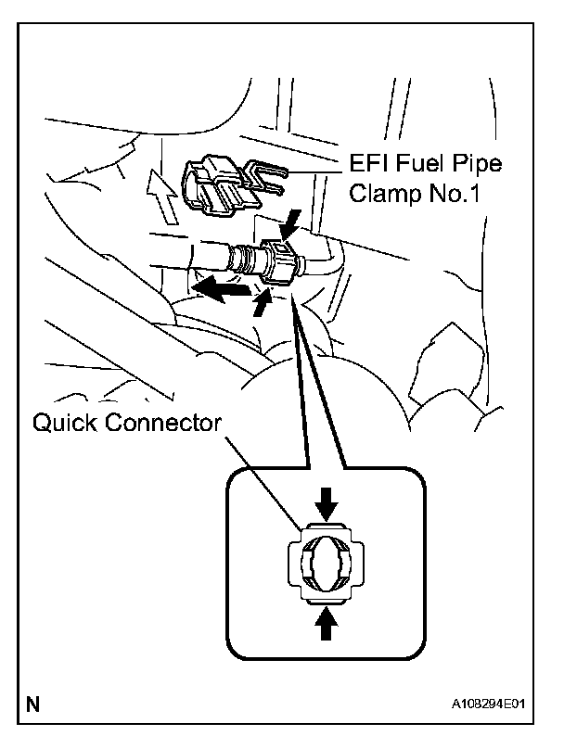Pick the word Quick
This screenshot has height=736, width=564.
[69, 425]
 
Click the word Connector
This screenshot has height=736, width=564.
[165, 425]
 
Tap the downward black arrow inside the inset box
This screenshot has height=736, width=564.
[326, 503]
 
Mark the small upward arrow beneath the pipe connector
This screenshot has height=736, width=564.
[263, 301]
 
